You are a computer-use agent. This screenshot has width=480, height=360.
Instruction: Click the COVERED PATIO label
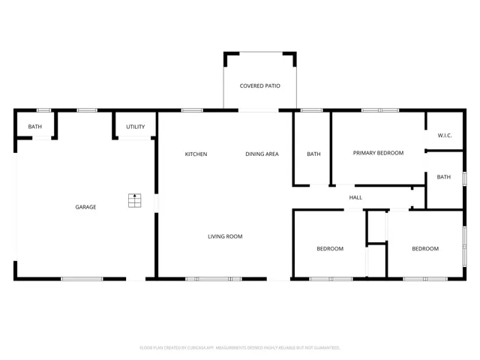pyautogui.click(x=259, y=86)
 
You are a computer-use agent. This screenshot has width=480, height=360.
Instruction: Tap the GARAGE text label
pyautogui.click(x=85, y=207)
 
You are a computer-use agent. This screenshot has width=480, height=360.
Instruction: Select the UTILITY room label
pyautogui.click(x=135, y=127)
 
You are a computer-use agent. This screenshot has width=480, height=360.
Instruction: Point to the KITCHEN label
pyautogui.click(x=196, y=154)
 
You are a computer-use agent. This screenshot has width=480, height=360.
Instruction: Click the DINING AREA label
pyautogui.click(x=262, y=154)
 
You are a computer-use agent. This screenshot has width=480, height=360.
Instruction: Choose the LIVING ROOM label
pyautogui.click(x=225, y=237)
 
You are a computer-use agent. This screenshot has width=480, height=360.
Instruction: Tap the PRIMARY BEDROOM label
pyautogui.click(x=378, y=153)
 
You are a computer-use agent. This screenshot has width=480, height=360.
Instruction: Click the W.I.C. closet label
pyautogui.click(x=445, y=136)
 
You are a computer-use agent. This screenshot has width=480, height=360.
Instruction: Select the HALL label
pyautogui.click(x=355, y=198)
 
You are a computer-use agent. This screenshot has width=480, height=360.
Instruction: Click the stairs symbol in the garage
pyautogui.click(x=134, y=200)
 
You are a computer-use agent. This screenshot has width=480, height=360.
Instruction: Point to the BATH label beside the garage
pyautogui.click(x=35, y=127)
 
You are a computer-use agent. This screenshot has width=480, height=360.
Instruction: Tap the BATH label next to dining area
pyautogui.click(x=313, y=154)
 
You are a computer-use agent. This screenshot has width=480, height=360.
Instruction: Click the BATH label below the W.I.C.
pyautogui.click(x=444, y=178)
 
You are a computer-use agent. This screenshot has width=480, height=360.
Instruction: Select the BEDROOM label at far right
pyautogui.click(x=425, y=249)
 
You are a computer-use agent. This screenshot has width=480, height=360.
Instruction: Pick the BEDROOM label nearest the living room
pyautogui.click(x=330, y=249)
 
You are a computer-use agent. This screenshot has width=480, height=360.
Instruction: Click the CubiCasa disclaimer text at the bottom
pyautogui.click(x=240, y=348)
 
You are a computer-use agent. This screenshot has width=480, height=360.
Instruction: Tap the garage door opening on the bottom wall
pyautogui.click(x=82, y=279)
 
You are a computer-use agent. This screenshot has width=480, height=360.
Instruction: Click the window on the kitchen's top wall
pyautogui.click(x=192, y=111)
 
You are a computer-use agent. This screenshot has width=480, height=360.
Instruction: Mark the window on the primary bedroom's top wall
pyautogui.click(x=379, y=111)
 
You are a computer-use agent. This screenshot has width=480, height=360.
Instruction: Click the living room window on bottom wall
pyautogui.click(x=214, y=279)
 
